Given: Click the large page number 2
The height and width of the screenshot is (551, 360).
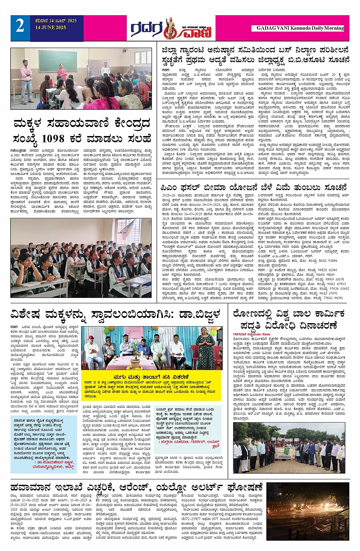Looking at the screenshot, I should click(x=20, y=26).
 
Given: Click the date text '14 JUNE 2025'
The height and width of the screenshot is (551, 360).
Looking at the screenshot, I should click(x=51, y=27).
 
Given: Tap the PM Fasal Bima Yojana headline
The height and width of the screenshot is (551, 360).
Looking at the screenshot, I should click(x=254, y=187).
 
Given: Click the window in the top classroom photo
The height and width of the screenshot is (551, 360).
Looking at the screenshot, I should click(x=142, y=57).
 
